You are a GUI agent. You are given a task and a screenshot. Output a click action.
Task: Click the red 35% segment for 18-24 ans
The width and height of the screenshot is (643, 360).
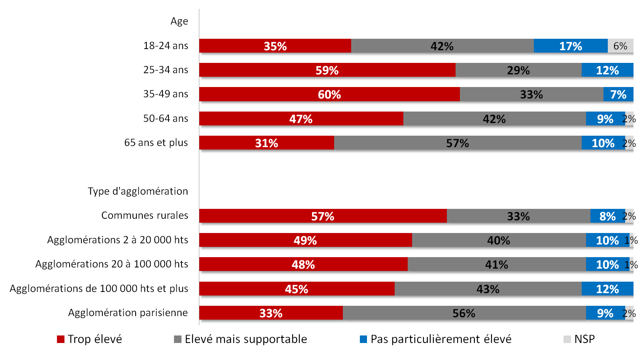point(275,46)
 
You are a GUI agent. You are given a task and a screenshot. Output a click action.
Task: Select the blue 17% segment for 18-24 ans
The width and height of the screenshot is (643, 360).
point(570,46)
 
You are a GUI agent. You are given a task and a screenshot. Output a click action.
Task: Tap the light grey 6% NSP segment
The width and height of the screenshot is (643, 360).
point(620,46)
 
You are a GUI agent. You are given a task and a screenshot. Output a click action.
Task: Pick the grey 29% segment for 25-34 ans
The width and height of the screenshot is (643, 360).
point(518,70)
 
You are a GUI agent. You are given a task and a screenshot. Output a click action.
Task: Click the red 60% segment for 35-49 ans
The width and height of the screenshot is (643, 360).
point(329,94)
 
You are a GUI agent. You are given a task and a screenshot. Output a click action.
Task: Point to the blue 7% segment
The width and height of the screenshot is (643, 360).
point(618,94)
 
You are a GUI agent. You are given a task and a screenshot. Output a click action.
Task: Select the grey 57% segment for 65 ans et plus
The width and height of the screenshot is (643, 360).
point(457,143)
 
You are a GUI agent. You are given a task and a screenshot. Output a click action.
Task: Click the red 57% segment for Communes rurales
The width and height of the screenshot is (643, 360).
point(322,216)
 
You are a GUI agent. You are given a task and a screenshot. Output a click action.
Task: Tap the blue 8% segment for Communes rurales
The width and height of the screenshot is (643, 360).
point(607,216)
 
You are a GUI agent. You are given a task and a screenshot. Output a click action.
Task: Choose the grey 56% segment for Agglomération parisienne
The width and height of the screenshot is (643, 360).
point(463,313)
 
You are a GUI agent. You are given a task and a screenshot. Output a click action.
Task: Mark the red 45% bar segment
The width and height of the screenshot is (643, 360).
point(296,289)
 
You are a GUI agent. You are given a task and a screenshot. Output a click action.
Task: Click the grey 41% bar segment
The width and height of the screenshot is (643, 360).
point(496,264)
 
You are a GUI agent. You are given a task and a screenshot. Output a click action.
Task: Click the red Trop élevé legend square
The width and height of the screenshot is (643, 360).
point(61,339)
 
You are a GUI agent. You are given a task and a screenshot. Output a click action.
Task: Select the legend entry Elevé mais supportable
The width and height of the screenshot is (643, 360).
point(245,339)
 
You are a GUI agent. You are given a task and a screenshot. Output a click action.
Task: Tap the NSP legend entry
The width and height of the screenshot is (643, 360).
point(584,339)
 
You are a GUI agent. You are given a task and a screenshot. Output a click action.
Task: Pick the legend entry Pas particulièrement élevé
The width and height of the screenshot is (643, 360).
point(441,339)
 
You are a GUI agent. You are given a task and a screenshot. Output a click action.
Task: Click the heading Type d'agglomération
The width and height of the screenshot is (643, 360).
point(138,191)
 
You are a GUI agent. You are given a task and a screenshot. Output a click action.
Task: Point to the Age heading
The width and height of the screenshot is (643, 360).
point(179,21)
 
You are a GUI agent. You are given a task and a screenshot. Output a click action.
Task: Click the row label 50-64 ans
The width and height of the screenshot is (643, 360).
point(165,118)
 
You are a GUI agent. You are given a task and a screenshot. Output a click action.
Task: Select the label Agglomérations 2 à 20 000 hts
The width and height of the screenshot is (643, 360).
point(117,240)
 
